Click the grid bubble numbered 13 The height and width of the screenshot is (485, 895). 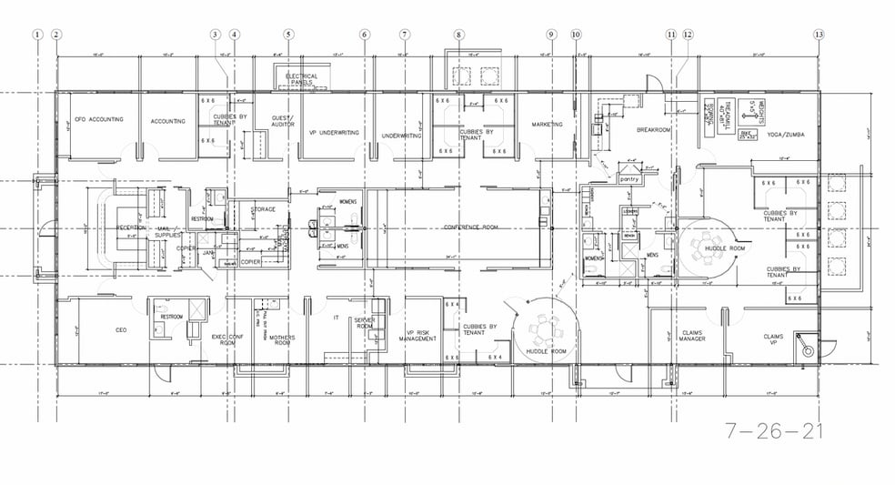(820, 35)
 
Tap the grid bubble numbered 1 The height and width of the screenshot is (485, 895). (37, 35)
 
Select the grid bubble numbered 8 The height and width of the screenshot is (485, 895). (459, 35)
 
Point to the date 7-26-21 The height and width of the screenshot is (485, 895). (774, 430)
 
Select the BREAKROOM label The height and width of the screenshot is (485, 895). (653, 129)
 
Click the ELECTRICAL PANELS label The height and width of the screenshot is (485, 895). (300, 78)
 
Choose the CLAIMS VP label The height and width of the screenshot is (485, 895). (772, 340)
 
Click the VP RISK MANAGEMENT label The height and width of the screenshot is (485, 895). (417, 335)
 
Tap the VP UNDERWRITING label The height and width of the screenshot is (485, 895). (334, 133)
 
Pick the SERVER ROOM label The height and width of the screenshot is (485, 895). (365, 324)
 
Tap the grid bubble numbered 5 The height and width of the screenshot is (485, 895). (288, 35)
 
